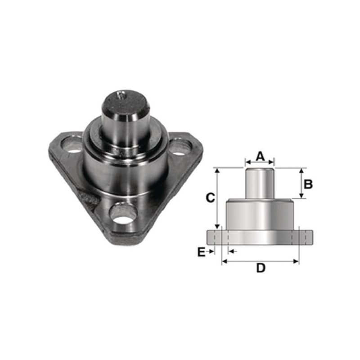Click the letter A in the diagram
260,156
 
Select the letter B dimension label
308,184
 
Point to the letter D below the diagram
261,268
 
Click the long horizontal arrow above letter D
260,261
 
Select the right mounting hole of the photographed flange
179,147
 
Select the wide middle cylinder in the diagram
260,215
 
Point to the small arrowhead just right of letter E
231,251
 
